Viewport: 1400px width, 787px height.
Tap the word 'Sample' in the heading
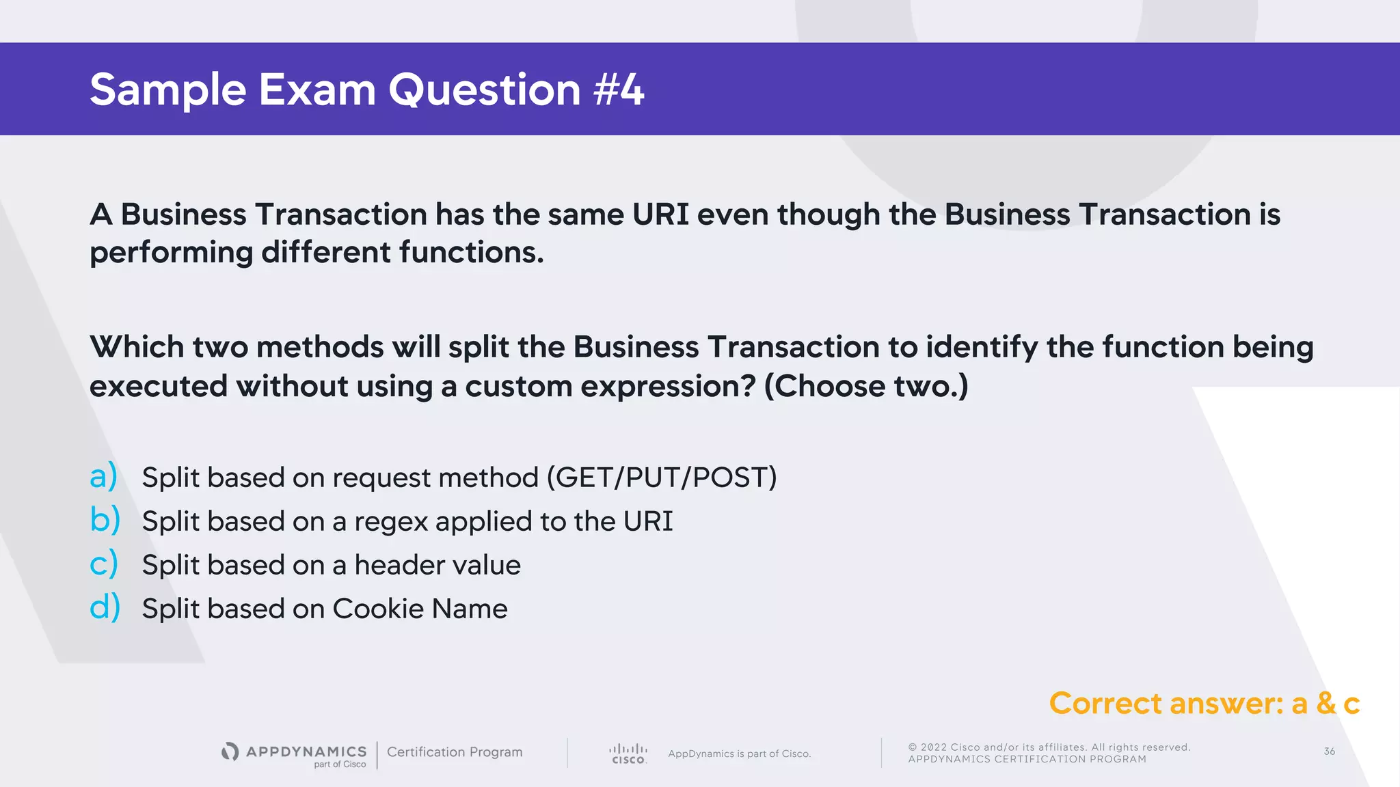tap(167, 90)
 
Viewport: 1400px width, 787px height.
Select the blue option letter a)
tap(104, 476)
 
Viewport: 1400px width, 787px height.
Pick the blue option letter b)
tap(105, 520)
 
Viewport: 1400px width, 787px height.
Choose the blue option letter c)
tap(104, 564)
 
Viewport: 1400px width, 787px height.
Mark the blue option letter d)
tap(105, 607)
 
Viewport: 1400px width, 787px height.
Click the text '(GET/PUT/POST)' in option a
tap(662, 478)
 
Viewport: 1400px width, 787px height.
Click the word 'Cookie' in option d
tap(378, 609)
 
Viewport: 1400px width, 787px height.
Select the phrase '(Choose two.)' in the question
tap(865, 387)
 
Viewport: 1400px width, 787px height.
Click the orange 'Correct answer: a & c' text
tap(1204, 704)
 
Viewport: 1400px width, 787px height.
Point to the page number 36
tap(1329, 751)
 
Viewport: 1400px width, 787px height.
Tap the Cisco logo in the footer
tap(628, 754)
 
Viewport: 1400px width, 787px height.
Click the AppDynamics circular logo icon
tap(230, 751)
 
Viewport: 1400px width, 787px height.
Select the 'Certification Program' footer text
tap(455, 752)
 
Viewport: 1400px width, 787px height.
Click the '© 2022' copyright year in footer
tap(927, 747)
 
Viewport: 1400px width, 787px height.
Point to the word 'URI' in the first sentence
tap(660, 215)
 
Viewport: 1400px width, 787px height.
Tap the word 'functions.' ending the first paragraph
tap(472, 253)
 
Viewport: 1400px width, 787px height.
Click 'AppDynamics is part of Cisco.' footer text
tap(739, 754)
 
